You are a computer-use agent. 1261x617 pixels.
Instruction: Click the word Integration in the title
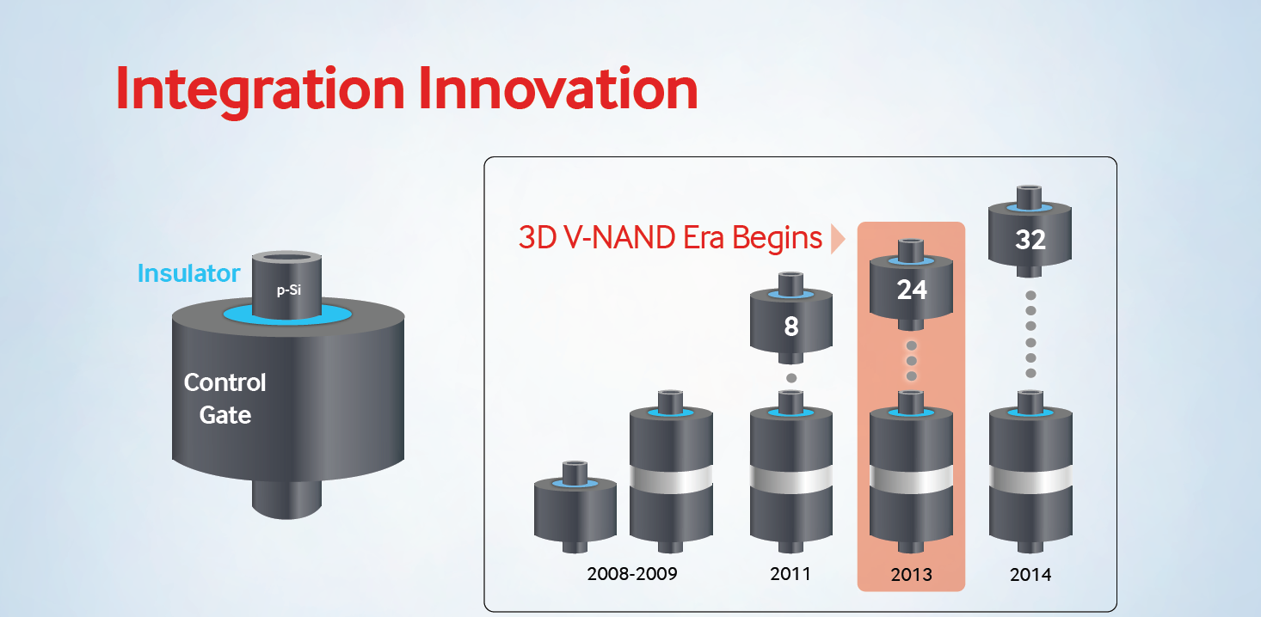point(260,91)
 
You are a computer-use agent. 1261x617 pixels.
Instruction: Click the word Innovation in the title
point(558,88)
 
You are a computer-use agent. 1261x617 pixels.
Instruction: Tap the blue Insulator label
point(188,273)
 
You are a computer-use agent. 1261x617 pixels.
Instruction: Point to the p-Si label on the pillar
point(289,290)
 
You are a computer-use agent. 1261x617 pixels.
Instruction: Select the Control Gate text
point(225,398)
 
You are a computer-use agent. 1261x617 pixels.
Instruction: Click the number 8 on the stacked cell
point(791,327)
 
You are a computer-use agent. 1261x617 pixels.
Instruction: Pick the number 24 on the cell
point(912,290)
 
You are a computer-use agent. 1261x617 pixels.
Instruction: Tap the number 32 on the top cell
point(1030,240)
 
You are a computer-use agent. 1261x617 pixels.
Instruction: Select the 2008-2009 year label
point(631,574)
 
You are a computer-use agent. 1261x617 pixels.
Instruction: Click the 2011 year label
point(790,574)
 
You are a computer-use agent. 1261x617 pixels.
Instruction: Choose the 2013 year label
point(912,574)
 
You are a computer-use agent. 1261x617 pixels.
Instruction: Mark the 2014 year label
point(1030,574)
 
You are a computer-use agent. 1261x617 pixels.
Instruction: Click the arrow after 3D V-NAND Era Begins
point(837,239)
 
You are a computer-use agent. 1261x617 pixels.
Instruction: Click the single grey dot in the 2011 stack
point(791,378)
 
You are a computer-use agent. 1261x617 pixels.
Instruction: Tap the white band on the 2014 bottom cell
point(1030,480)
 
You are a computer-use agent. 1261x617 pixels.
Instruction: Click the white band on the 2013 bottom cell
point(912,480)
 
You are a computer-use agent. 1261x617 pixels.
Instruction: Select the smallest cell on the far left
point(575,507)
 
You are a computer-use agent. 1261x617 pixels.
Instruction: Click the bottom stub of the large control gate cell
point(286,500)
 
